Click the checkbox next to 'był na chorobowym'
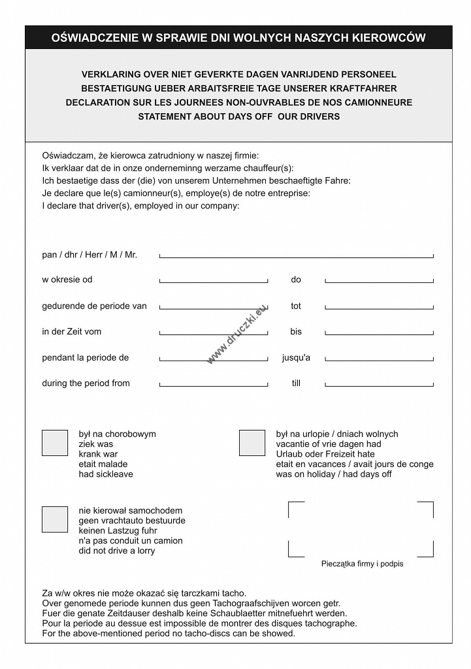[x=55, y=443]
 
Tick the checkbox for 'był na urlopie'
[x=252, y=443]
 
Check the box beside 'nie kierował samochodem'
[x=55, y=519]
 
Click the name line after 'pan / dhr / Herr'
[x=296, y=255]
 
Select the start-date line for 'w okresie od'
[x=214, y=280]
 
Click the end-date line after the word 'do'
[x=379, y=280]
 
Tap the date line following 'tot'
[x=379, y=306]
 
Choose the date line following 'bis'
[x=379, y=333]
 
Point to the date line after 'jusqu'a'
[x=379, y=359]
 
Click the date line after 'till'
[x=379, y=384]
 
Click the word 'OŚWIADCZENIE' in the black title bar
[x=95, y=38]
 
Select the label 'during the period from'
[x=86, y=383]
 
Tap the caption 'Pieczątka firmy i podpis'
[x=362, y=564]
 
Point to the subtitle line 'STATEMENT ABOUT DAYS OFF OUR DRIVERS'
[x=238, y=117]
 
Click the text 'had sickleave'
[x=106, y=474]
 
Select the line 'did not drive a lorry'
[x=117, y=551]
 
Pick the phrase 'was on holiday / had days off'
[x=334, y=474]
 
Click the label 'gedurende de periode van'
[x=94, y=306]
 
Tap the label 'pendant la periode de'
[x=86, y=358]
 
